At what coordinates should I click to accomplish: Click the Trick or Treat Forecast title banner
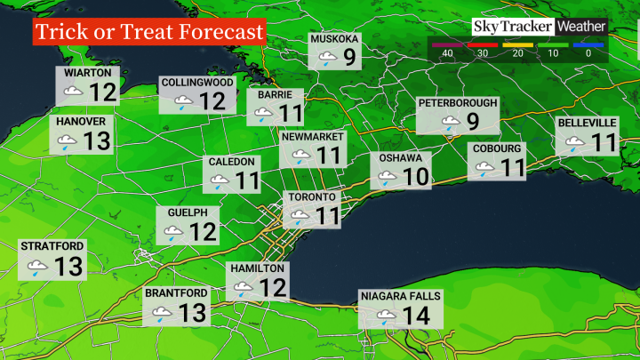[x=150, y=31]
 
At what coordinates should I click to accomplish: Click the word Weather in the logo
[x=581, y=27]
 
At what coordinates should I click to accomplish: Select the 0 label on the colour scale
[x=588, y=54]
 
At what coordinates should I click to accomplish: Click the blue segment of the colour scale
[x=588, y=43]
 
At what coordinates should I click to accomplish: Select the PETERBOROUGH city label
[x=458, y=103]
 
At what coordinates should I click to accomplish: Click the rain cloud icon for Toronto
[x=300, y=215]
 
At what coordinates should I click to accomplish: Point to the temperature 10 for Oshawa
[x=415, y=176]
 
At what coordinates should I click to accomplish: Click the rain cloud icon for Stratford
[x=37, y=267]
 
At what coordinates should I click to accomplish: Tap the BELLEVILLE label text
[x=587, y=122]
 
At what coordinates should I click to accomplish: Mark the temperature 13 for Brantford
[x=192, y=312]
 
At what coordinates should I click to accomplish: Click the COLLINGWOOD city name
[x=197, y=82]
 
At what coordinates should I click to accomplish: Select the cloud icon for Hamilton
[x=243, y=288]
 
